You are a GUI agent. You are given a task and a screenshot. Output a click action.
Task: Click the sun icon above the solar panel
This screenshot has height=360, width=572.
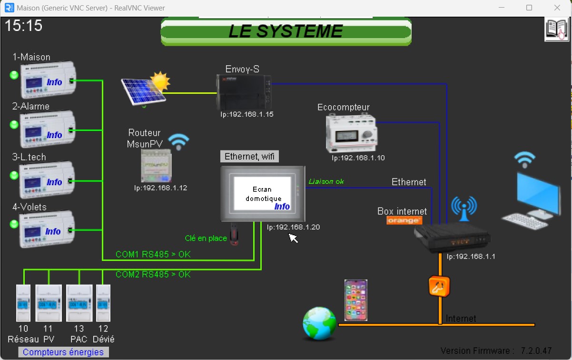click(x=160, y=81)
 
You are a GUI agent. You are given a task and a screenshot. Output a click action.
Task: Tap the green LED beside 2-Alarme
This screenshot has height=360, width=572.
click(x=14, y=125)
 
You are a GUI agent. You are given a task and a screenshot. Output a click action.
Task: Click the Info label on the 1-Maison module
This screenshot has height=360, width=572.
click(x=54, y=82)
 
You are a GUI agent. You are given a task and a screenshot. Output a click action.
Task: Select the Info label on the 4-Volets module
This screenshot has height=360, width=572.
click(x=53, y=231)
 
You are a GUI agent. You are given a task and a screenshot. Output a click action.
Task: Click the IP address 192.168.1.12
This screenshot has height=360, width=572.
click(x=160, y=188)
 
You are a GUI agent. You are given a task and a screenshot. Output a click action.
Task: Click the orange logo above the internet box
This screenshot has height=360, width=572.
click(x=404, y=220)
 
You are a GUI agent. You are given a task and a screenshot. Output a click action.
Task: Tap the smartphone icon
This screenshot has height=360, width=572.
click(x=356, y=300)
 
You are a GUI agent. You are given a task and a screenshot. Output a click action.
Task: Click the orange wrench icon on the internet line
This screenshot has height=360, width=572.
click(x=439, y=287)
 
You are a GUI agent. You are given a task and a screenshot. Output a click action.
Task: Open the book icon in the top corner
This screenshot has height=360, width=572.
click(x=557, y=30)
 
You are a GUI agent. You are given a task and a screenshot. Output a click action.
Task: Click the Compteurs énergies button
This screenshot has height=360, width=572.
click(x=63, y=352)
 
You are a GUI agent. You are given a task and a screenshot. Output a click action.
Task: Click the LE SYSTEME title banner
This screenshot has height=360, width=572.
click(x=286, y=31)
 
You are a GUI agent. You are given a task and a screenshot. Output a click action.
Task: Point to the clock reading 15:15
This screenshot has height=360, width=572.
click(x=23, y=25)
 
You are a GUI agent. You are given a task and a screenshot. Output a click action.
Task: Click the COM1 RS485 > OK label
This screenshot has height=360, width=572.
click(x=153, y=254)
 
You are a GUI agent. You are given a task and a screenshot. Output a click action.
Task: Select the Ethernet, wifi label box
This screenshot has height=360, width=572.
click(x=249, y=156)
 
